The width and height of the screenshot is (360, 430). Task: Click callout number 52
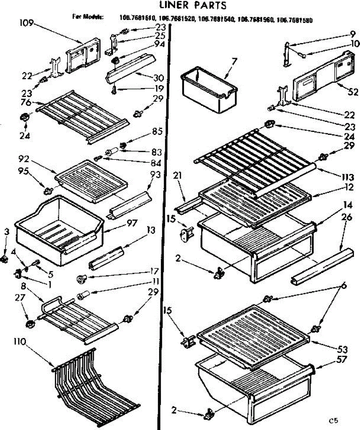353,92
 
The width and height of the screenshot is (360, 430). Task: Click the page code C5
334,420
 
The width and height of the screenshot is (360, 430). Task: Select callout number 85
157,132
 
